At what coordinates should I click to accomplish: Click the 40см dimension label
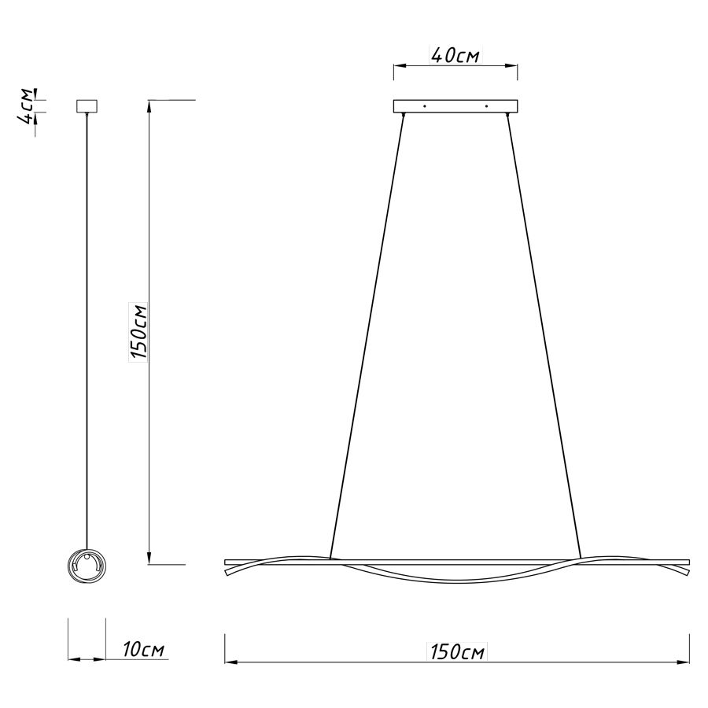coord(456,55)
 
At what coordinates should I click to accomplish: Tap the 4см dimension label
coord(25,106)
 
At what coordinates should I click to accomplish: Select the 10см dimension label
coord(144,649)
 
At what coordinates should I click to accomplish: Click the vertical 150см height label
coord(138,332)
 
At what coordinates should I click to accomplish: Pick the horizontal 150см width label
coord(457,652)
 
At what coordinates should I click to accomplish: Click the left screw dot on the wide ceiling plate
coord(424,106)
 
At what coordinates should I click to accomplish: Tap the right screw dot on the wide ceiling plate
coord(486,106)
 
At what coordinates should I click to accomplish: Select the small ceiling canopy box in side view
coord(87,105)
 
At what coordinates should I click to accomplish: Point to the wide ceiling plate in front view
coord(455,106)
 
